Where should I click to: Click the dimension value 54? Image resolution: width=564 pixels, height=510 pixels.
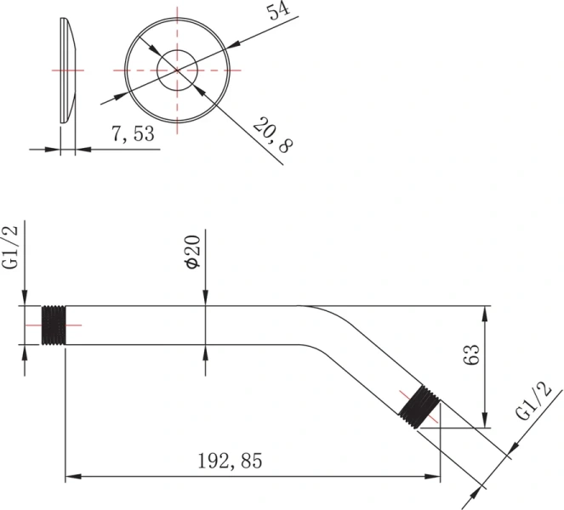click(x=278, y=11)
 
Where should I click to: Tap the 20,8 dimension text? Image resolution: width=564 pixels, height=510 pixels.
click(x=273, y=135)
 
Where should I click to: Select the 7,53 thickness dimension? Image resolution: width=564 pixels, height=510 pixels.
click(x=133, y=133)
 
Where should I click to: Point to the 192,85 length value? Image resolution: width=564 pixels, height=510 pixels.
click(x=231, y=461)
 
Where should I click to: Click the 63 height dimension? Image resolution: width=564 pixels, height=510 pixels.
click(x=472, y=354)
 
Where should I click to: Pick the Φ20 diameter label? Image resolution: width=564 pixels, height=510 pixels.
click(x=192, y=252)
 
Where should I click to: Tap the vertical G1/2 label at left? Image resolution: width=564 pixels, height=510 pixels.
click(x=10, y=247)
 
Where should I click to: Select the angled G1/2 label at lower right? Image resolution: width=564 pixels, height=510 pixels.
click(x=533, y=401)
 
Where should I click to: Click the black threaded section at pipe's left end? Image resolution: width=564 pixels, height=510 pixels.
click(x=54, y=325)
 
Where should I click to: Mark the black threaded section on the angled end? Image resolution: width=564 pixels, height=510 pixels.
click(x=419, y=406)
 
